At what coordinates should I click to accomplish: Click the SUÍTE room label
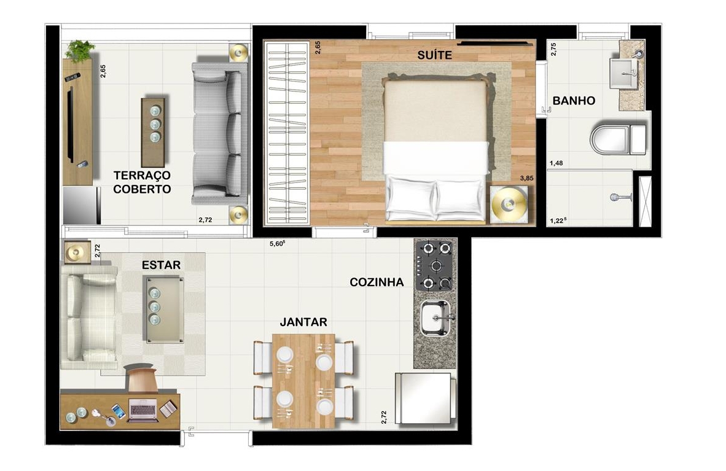click(434, 55)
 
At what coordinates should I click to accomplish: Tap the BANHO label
click(574, 101)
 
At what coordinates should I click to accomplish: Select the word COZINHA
click(377, 282)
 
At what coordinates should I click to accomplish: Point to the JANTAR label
click(303, 322)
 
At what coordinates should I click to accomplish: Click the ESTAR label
click(161, 265)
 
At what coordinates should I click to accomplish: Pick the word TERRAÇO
click(142, 176)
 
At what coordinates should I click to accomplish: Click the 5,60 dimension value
click(277, 244)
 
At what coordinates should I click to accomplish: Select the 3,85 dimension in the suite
click(526, 178)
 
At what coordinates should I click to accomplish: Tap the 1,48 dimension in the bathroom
click(556, 163)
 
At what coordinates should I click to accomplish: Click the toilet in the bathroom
click(618, 138)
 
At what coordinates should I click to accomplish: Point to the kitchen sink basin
click(435, 317)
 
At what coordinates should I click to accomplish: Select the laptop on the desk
click(143, 410)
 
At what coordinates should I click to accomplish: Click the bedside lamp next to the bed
click(509, 204)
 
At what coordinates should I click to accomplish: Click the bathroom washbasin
click(623, 73)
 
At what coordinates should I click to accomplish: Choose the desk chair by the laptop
click(140, 378)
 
